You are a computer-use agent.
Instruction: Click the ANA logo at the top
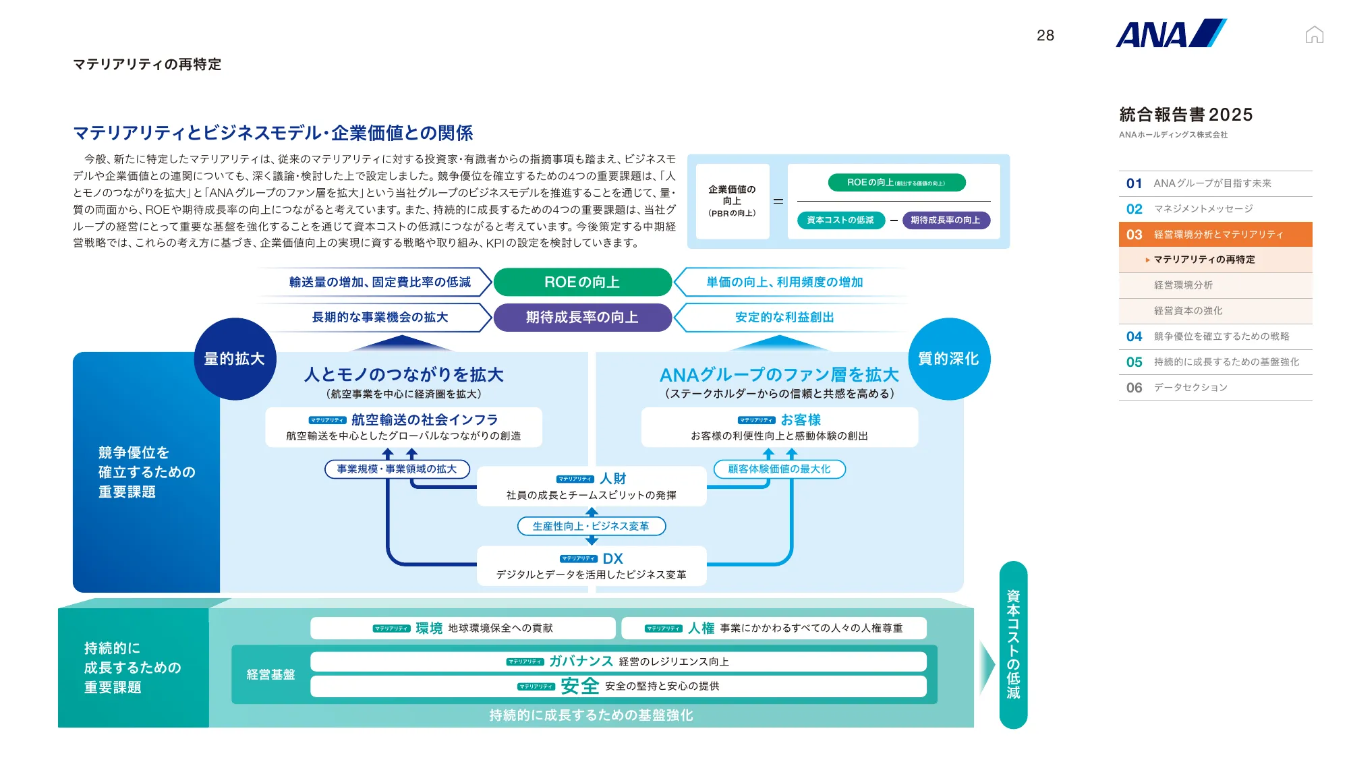click(1170, 34)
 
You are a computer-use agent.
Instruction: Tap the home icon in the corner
click(1314, 34)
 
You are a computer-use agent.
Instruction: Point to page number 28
click(1045, 36)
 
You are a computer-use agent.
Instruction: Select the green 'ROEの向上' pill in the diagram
click(582, 282)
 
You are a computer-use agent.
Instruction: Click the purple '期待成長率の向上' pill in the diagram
click(582, 317)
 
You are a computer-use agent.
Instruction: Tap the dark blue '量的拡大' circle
click(235, 359)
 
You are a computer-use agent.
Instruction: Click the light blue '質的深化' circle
click(948, 359)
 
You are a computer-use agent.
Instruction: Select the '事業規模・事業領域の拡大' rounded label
click(397, 469)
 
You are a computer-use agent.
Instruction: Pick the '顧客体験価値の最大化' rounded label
click(779, 469)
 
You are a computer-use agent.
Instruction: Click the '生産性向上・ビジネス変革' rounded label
click(591, 526)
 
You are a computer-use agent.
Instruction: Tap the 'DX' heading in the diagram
click(612, 558)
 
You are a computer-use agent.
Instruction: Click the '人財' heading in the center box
click(612, 478)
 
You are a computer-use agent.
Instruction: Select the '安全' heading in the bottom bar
click(579, 686)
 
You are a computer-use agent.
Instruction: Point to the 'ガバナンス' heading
click(581, 661)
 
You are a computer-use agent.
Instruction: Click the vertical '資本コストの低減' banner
click(1013, 645)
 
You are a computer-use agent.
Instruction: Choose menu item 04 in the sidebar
click(1215, 336)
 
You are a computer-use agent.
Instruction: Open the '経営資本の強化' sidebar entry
click(1188, 311)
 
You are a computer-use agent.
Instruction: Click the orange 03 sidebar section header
click(1215, 234)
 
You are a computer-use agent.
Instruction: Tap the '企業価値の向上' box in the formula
click(732, 201)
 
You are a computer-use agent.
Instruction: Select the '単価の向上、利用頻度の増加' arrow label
click(784, 282)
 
